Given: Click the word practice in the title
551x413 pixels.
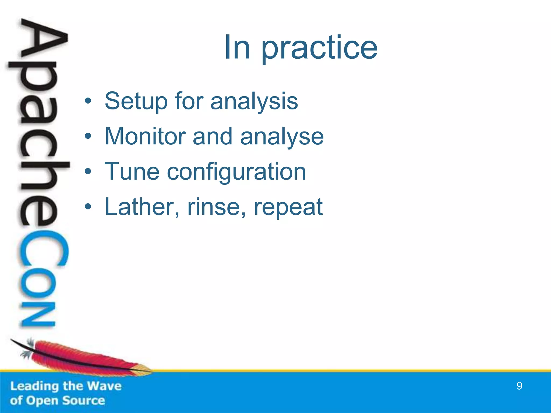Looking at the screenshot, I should pyautogui.click(x=319, y=48).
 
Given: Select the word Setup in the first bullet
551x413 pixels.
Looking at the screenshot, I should pyautogui.click(x=136, y=101).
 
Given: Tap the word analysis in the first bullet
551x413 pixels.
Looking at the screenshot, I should pyautogui.click(x=254, y=101).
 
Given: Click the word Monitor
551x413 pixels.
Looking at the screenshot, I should pyautogui.click(x=145, y=136).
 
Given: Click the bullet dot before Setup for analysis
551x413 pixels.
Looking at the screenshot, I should pyautogui.click(x=88, y=101).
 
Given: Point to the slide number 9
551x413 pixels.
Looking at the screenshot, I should pyautogui.click(x=519, y=386).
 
